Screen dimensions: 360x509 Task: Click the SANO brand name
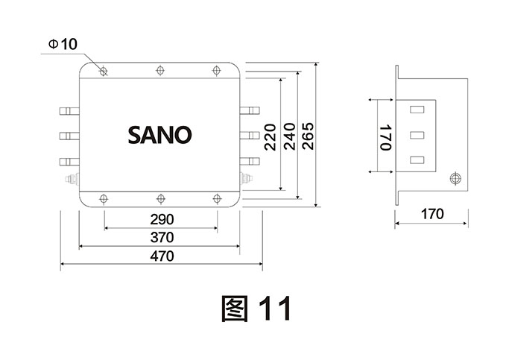(x=159, y=135)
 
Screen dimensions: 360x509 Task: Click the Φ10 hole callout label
(x=62, y=45)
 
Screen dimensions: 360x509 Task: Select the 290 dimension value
(x=161, y=219)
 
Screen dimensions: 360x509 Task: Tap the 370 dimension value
(x=161, y=238)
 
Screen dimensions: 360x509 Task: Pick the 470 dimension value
(x=161, y=256)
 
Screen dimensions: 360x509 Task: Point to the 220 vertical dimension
(x=270, y=137)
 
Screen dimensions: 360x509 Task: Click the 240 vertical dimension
(x=288, y=137)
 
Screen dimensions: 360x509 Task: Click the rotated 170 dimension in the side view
(x=385, y=137)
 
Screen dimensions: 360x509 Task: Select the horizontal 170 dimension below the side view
(x=431, y=214)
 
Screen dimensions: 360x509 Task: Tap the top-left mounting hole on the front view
(x=104, y=72)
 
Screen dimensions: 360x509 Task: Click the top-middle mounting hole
(x=160, y=72)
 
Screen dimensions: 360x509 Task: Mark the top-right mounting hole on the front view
(x=217, y=72)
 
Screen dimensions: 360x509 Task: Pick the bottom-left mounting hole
(x=104, y=198)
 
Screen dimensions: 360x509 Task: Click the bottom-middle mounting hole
(x=160, y=198)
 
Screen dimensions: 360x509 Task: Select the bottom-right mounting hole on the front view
(x=217, y=198)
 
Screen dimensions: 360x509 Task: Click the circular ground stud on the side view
(x=455, y=178)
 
